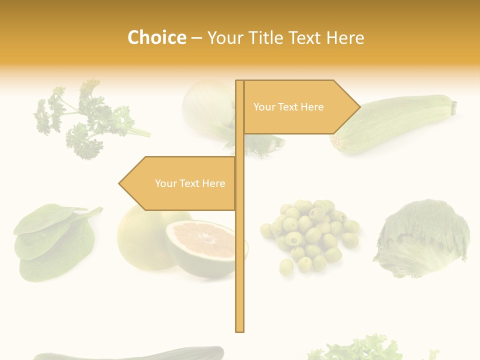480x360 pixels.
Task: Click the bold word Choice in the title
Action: point(156,38)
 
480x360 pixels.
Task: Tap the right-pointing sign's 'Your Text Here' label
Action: point(288,107)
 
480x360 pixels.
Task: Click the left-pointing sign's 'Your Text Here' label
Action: point(190,183)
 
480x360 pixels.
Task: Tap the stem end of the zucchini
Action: point(454,106)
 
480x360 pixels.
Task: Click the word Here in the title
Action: point(345,38)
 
